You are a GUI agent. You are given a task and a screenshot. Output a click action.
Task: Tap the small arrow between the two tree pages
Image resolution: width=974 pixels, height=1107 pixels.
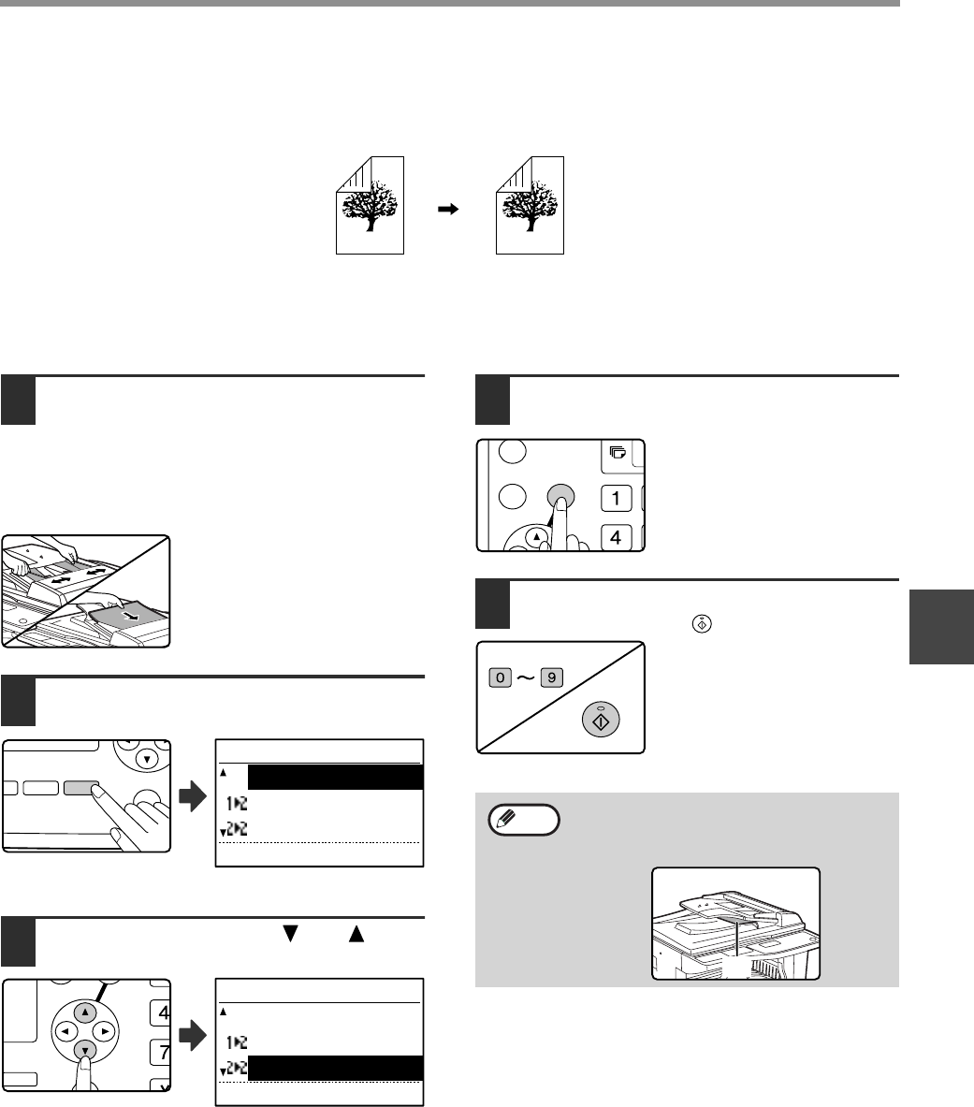click(449, 211)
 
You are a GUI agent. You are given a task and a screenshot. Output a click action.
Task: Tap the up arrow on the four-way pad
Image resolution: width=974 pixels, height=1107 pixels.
click(85, 1012)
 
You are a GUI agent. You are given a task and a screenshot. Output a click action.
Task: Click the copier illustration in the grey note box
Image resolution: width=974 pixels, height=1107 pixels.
click(735, 924)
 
